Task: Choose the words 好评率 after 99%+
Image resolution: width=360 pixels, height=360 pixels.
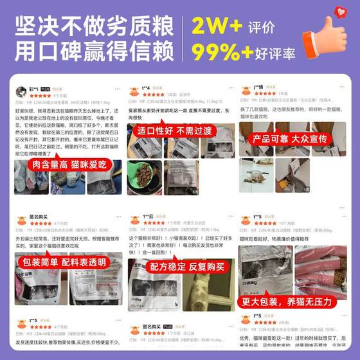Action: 280,52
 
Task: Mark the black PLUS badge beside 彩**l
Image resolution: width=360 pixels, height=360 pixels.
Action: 46,89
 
